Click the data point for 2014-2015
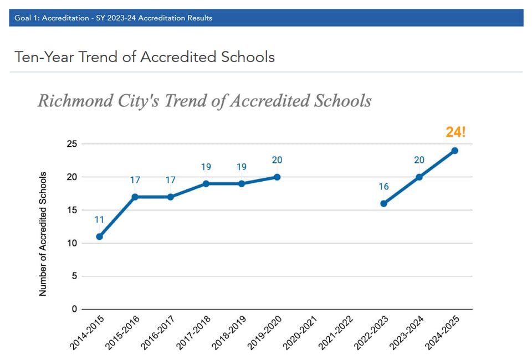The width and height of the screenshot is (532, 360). point(99,236)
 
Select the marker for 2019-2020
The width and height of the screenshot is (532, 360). point(277,177)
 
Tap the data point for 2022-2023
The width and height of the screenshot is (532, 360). point(383,203)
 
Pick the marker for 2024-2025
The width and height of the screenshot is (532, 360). point(454,151)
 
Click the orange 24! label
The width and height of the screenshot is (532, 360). point(456,132)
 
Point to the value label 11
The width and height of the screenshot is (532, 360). point(99,220)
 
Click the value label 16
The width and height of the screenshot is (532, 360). point(383,187)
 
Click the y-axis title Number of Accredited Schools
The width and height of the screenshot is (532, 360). point(43,234)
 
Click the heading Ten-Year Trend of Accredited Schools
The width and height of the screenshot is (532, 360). point(145,57)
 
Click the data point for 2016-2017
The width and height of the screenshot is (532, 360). point(171,197)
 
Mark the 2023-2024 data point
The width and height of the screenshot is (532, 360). point(419,177)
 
